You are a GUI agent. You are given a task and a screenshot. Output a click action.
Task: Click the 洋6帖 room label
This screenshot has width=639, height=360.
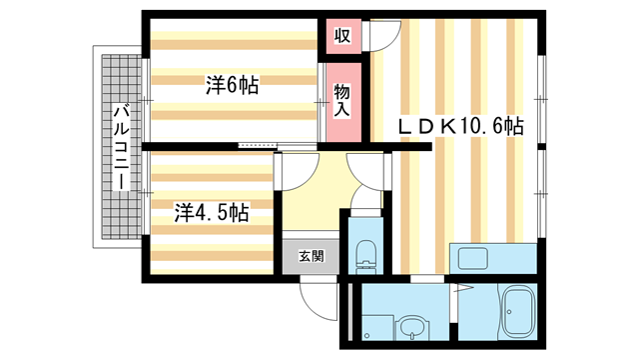232,86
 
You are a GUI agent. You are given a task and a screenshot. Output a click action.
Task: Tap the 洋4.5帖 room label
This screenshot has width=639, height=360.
211,212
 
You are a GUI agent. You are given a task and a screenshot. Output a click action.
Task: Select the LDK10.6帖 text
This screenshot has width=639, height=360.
461,126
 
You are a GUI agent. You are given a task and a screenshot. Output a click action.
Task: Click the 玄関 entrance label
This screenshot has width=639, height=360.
311,256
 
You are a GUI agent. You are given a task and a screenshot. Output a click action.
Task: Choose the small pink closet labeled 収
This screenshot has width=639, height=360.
341,36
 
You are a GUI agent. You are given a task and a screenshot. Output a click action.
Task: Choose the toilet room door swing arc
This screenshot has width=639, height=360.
368,222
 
